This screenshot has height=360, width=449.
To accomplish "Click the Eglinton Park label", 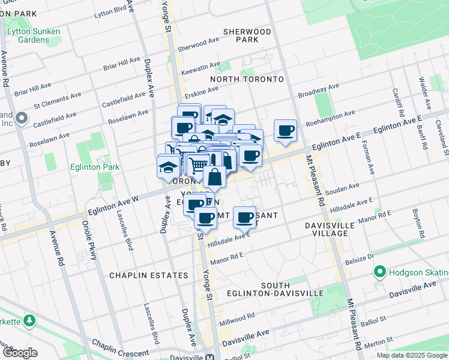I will [95, 167].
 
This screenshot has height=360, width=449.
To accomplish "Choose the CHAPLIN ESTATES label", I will [148, 275].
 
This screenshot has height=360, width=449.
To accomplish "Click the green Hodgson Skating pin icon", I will [379, 273].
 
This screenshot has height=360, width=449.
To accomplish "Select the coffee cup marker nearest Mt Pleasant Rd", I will [286, 130].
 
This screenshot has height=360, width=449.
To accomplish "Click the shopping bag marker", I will [214, 176].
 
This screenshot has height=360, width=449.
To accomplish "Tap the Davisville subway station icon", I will [210, 356].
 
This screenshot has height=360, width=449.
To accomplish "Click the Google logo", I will [19, 353].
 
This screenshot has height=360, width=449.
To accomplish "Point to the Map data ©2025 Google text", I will [411, 355].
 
